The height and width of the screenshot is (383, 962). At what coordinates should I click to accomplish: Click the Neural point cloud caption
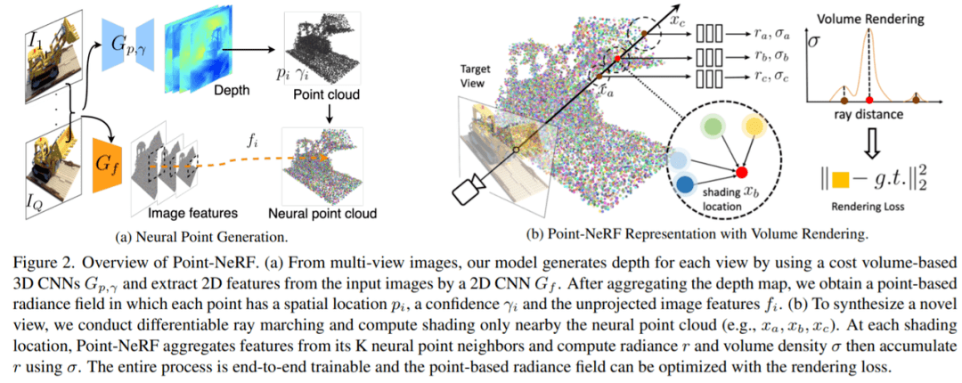click(x=324, y=214)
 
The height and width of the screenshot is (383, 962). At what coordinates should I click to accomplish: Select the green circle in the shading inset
click(x=712, y=128)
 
